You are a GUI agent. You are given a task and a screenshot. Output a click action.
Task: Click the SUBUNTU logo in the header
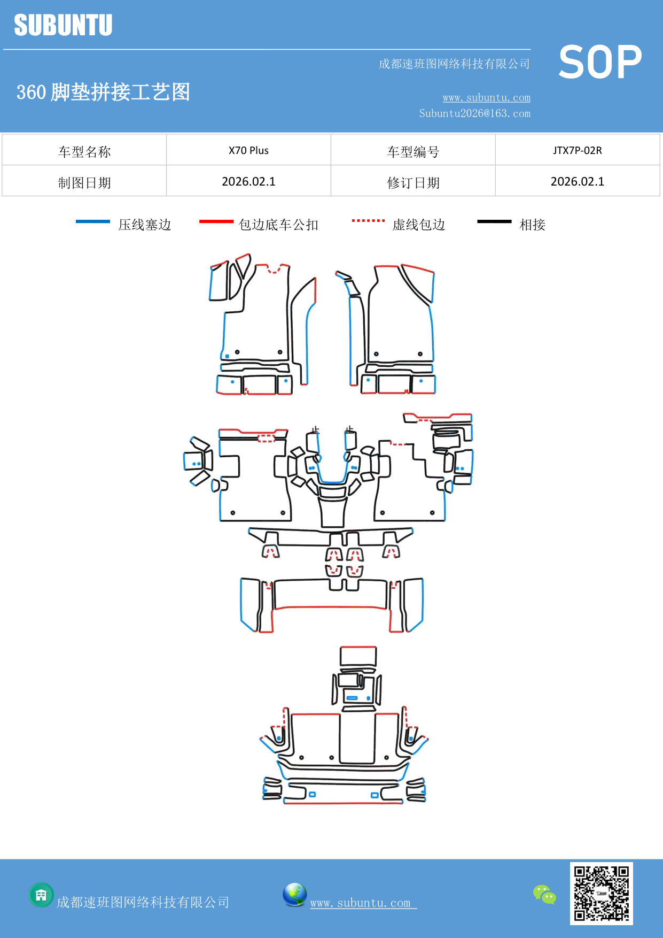pos(63,25)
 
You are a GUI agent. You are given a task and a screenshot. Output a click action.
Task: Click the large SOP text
pos(600,63)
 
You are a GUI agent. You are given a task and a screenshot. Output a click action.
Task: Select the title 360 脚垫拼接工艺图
pos(103,92)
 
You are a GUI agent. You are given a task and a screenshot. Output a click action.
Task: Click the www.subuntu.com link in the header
pos(486,97)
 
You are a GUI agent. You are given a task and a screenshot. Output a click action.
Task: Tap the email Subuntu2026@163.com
pos(474,113)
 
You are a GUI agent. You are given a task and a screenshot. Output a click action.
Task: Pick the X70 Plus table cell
pos(248,150)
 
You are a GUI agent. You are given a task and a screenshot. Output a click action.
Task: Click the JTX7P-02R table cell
pos(577,150)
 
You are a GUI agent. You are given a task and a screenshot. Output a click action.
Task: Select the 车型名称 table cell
pos(84,152)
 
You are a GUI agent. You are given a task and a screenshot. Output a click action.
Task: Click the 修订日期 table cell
pos(413,183)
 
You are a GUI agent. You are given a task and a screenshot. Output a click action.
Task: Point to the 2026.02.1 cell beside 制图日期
pos(248,182)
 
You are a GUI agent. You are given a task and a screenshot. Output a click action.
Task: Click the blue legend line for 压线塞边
pos(93,221)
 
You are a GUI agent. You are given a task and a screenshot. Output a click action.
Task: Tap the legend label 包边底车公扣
pos(278,225)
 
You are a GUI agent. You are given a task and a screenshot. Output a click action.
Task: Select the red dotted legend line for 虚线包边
pos(368,221)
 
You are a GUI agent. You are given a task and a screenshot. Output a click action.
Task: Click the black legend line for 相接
pos(494,221)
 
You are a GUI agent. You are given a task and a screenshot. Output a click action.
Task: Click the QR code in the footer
pos(601,893)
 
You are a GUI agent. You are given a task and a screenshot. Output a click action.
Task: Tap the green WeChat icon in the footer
pos(544,894)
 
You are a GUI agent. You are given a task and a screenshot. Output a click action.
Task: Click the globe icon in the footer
pos(294,894)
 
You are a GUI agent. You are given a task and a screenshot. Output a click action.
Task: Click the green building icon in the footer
pos(41,895)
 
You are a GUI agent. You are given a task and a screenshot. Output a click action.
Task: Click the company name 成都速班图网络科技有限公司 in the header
pos(454,64)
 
